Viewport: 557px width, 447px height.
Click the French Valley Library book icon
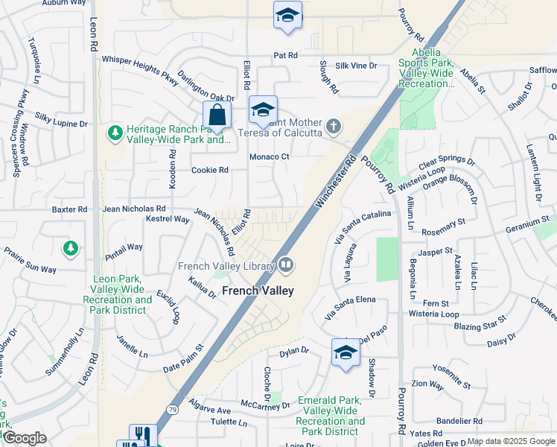[286, 265]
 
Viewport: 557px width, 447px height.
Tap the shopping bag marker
[216, 116]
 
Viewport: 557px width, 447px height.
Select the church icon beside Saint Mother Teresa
[334, 127]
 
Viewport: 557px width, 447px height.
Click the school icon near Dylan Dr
[346, 352]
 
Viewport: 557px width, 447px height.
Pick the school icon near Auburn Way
[287, 16]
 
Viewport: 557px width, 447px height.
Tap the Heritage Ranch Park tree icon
[115, 133]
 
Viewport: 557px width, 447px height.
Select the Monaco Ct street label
[269, 156]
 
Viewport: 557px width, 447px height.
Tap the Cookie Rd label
[209, 170]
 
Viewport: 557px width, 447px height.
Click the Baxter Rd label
[69, 209]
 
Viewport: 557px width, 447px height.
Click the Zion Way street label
[427, 384]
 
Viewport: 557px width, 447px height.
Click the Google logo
[25, 438]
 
